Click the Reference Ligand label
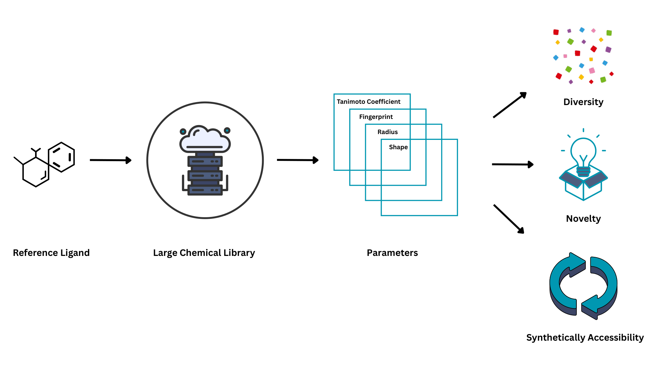51,253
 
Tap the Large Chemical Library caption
204,253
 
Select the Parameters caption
392,253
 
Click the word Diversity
583,102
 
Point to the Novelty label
583,219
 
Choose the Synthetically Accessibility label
585,337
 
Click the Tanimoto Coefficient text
368,102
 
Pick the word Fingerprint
376,117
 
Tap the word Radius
387,132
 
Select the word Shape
398,147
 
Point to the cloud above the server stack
205,139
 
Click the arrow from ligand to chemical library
110,160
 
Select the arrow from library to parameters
298,160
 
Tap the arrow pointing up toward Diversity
510,105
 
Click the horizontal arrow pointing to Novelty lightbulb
513,164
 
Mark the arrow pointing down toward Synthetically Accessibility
509,219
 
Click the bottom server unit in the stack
205,190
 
